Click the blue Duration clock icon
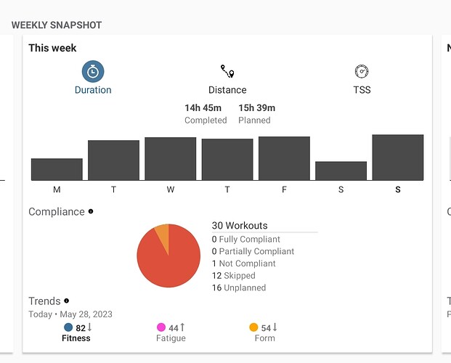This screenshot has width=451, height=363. pyautogui.click(x=93, y=71)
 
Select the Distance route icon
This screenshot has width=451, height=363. pyautogui.click(x=227, y=71)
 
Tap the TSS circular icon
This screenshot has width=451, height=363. pyautogui.click(x=362, y=71)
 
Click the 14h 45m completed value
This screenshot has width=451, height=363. pyautogui.click(x=203, y=108)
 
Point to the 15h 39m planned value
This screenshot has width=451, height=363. pyautogui.click(x=256, y=108)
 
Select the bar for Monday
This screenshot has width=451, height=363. pyautogui.click(x=57, y=169)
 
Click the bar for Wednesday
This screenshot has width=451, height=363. pyautogui.click(x=170, y=159)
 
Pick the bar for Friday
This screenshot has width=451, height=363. pyautogui.click(x=284, y=158)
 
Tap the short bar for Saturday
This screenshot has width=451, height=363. pyautogui.click(x=341, y=171)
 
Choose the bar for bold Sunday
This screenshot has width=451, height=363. pyautogui.click(x=397, y=158)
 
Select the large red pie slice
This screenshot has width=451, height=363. pyautogui.click(x=171, y=261)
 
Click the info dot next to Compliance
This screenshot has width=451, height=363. pyautogui.click(x=91, y=212)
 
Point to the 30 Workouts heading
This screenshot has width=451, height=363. pyautogui.click(x=240, y=226)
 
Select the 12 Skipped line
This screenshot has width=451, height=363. pyautogui.click(x=233, y=276)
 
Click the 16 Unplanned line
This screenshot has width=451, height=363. pyautogui.click(x=238, y=287)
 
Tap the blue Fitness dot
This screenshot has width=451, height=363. pyautogui.click(x=68, y=327)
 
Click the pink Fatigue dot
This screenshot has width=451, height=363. pyautogui.click(x=161, y=327)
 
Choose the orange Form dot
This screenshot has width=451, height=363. pyautogui.click(x=253, y=327)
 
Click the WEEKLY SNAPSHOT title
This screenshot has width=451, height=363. pyautogui.click(x=57, y=25)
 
